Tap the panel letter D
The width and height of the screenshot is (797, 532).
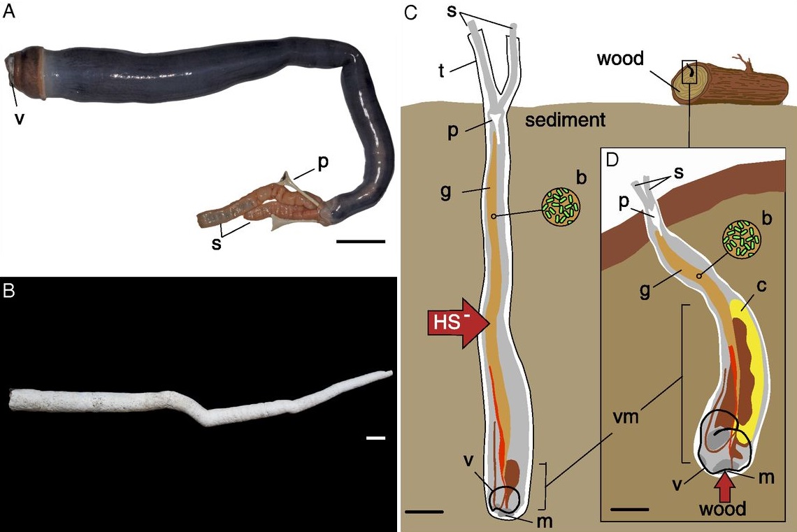pyautogui.click(x=612, y=160)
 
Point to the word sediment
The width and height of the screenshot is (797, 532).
pyautogui.click(x=565, y=120)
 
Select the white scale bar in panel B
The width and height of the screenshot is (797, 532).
pyautogui.click(x=375, y=438)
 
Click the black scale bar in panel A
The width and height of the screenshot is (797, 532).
pyautogui.click(x=361, y=241)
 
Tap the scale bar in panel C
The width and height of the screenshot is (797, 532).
pyautogui.click(x=424, y=512)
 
